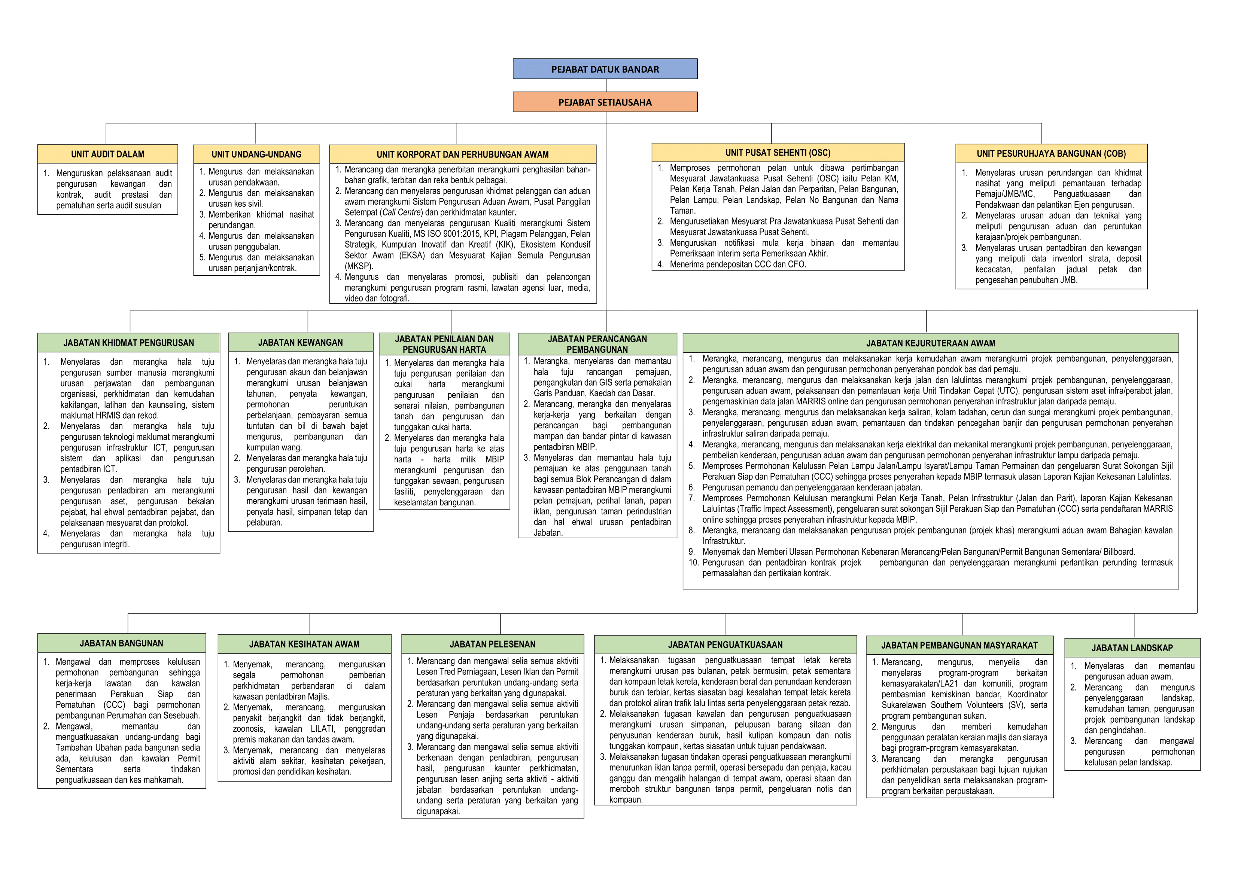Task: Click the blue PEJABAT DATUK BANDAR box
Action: point(605,69)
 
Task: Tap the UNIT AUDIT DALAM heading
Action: point(107,154)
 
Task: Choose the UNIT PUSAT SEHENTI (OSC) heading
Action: point(778,153)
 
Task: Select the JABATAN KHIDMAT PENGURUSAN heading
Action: point(128,343)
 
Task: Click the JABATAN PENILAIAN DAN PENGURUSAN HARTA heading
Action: point(444,344)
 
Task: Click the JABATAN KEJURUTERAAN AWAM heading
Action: point(930,343)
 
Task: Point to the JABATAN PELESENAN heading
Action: point(492,644)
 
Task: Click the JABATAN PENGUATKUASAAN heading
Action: point(725,645)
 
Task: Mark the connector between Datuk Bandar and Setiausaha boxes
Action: point(606,85)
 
